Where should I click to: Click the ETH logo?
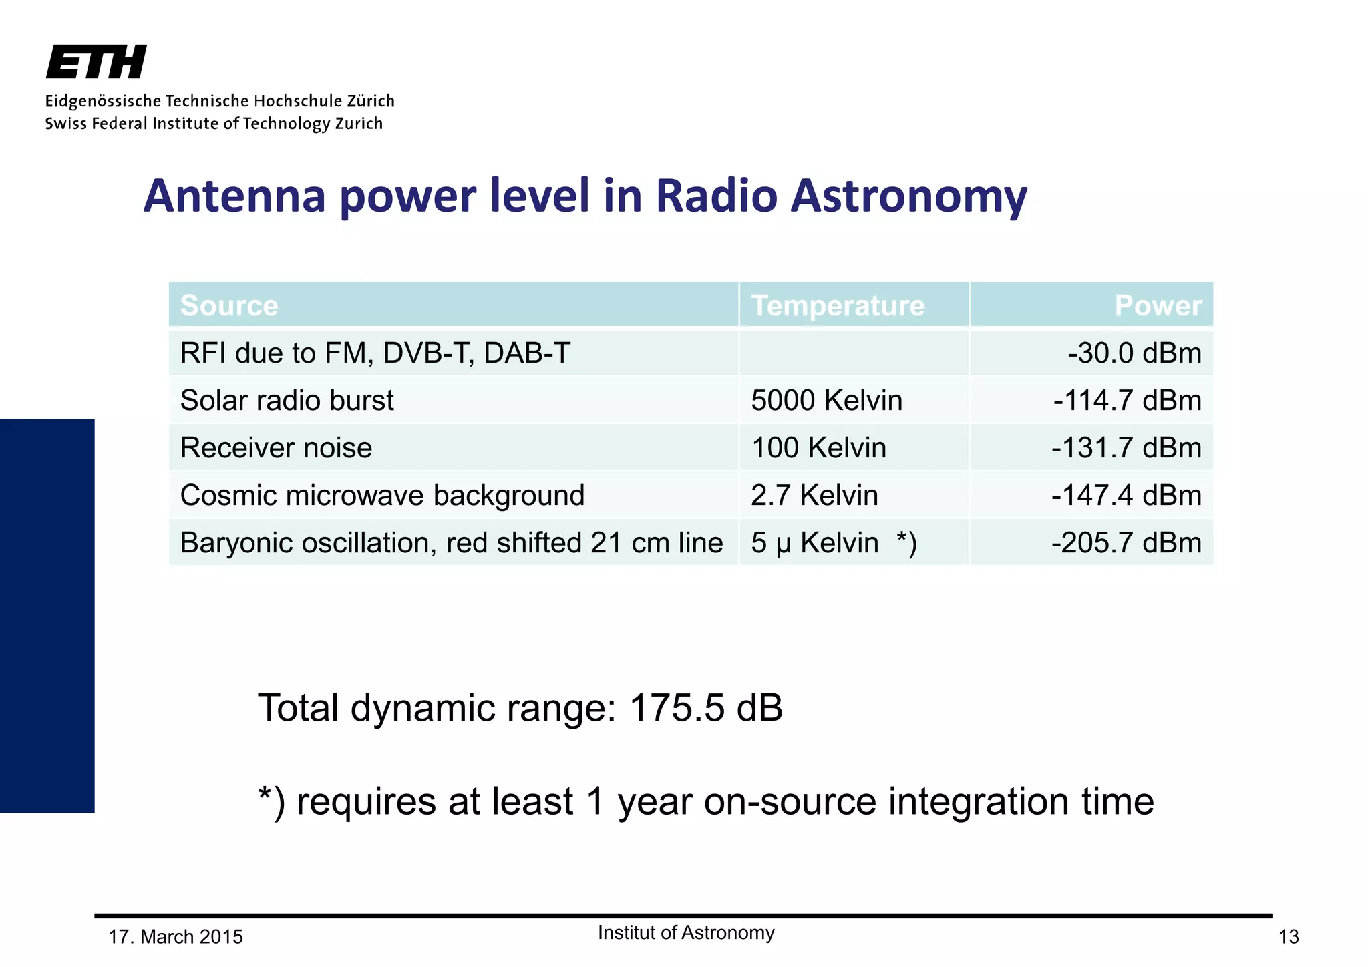tap(96, 62)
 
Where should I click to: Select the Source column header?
tap(229, 305)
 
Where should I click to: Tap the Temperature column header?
tap(838, 305)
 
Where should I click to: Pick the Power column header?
tap(1158, 305)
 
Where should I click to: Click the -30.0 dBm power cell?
tap(1134, 353)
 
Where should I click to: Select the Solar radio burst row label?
tap(287, 401)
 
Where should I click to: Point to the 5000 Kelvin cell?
tap(826, 401)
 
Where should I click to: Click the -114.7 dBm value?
tap(1127, 401)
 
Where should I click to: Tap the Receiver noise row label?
tap(276, 448)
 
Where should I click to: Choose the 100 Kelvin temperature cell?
tap(818, 448)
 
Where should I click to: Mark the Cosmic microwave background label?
tap(382, 496)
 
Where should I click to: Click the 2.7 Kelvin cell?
tap(814, 496)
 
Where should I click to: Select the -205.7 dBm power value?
tap(1126, 543)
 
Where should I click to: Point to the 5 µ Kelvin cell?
tap(815, 543)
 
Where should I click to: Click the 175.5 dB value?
tap(705, 708)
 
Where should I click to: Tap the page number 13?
tap(1288, 937)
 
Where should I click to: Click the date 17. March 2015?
tap(176, 937)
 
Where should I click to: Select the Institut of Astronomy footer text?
tap(686, 933)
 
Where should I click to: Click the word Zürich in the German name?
tap(371, 101)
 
